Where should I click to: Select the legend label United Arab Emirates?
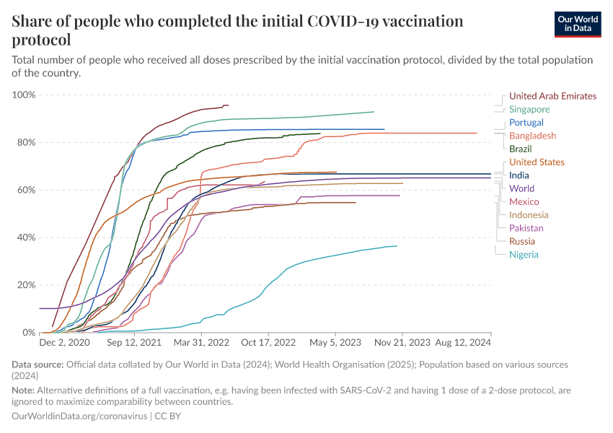[552, 96]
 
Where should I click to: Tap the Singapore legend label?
[529, 110]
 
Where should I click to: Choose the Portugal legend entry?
[526, 123]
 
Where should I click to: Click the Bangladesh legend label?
[532, 136]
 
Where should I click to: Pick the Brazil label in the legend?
[521, 149]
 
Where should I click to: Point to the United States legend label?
[537, 162]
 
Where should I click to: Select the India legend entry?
[519, 175]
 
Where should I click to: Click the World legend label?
[521, 188]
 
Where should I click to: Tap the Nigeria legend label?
[524, 254]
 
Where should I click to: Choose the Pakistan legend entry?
[526, 228]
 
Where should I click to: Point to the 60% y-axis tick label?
[26, 190]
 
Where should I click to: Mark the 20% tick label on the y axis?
[26, 285]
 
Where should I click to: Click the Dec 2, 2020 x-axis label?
[64, 344]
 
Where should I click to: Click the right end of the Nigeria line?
[397, 246]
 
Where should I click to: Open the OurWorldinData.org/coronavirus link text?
[79, 416]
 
